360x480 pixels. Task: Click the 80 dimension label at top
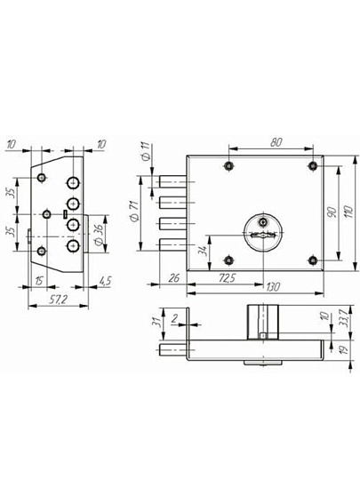pos(276,142)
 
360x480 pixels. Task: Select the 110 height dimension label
pos(348,212)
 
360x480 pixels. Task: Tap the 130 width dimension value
pos(273,287)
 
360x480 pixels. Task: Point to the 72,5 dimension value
pos(228,278)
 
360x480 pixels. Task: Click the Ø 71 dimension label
pos(135,211)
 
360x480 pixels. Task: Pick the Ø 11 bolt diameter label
pos(146,151)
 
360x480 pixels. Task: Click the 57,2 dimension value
pos(58,300)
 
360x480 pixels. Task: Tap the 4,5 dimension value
pos(106,281)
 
